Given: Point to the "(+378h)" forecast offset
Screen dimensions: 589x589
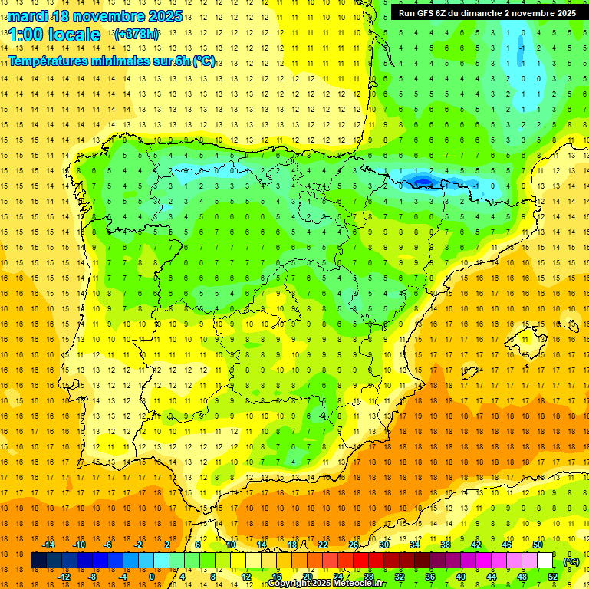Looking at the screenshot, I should pyautogui.click(x=136, y=35).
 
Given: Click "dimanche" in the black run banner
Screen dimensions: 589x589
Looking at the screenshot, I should pyautogui.click(x=489, y=13).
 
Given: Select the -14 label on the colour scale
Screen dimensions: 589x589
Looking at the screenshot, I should pyautogui.click(x=50, y=545).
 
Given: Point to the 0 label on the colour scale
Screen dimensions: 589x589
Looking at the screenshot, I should pyautogui.click(x=151, y=577).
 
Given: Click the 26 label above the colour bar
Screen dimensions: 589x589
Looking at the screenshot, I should pyautogui.click(x=354, y=545).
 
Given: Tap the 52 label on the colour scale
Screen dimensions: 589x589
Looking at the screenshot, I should pyautogui.click(x=553, y=577).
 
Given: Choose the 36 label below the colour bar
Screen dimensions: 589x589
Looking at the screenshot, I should pyautogui.click(x=430, y=577).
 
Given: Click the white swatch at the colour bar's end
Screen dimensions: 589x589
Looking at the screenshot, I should pyautogui.click(x=545, y=561).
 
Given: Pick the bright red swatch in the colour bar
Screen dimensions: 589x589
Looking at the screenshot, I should pyautogui.click(x=361, y=561).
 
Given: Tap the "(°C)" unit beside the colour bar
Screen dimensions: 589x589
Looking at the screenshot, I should pyautogui.click(x=571, y=561).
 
